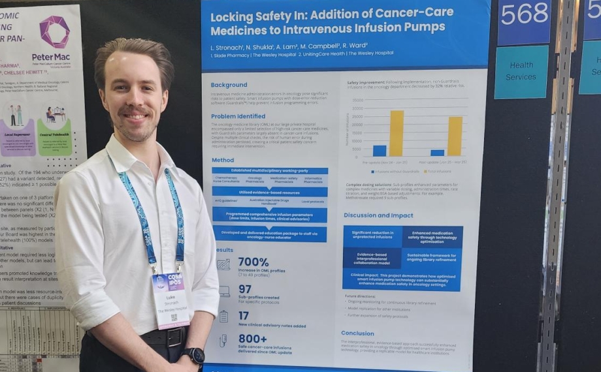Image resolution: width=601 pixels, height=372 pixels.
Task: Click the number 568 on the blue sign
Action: tap(524, 14)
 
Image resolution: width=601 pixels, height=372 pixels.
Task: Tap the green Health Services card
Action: tap(521, 71)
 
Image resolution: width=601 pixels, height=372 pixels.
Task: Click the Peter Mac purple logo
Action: tap(54, 32)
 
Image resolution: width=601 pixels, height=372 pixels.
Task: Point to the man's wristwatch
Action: tap(195, 355)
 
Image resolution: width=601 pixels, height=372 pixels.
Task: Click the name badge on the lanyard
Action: tap(171, 300)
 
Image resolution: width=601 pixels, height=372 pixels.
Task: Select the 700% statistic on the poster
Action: tap(253, 262)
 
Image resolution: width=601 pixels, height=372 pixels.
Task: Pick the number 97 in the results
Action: tap(245, 288)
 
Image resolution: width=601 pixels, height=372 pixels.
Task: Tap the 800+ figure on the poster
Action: tap(252, 338)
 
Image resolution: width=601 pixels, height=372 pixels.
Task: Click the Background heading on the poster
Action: tap(229, 85)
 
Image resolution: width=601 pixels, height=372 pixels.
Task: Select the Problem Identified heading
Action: tap(238, 116)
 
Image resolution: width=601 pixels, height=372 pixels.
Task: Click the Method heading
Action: tap(223, 160)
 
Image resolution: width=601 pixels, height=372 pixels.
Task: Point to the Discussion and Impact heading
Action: tap(378, 215)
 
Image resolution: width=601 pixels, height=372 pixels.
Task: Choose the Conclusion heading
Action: tap(357, 333)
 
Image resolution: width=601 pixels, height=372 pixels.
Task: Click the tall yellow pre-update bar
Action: tap(397, 133)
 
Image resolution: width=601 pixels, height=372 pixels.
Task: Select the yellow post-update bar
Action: tap(455, 136)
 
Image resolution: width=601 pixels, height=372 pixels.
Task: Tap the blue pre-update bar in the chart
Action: tap(380, 151)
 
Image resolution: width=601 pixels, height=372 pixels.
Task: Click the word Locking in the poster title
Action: tap(233, 18)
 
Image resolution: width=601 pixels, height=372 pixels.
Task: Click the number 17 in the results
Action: tap(244, 315)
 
